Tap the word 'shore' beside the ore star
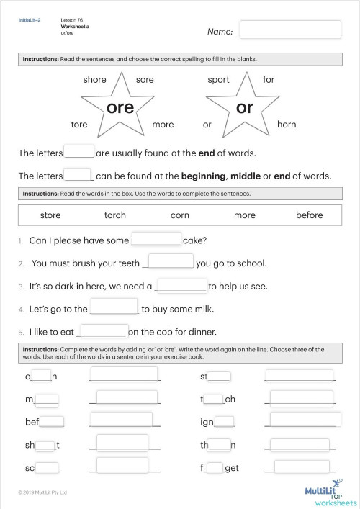coord(94,80)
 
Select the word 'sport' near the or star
coord(218,80)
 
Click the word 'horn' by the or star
coord(287,125)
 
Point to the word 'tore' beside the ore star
coord(79,125)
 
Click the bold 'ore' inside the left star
coord(120,108)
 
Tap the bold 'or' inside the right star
coord(245,108)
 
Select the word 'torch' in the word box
coord(115,215)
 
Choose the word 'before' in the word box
coord(310,215)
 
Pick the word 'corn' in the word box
coord(179,215)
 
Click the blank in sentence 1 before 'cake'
coord(156,240)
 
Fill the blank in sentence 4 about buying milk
coord(114,307)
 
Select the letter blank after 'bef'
coord(53,422)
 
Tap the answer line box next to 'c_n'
coord(125,374)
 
